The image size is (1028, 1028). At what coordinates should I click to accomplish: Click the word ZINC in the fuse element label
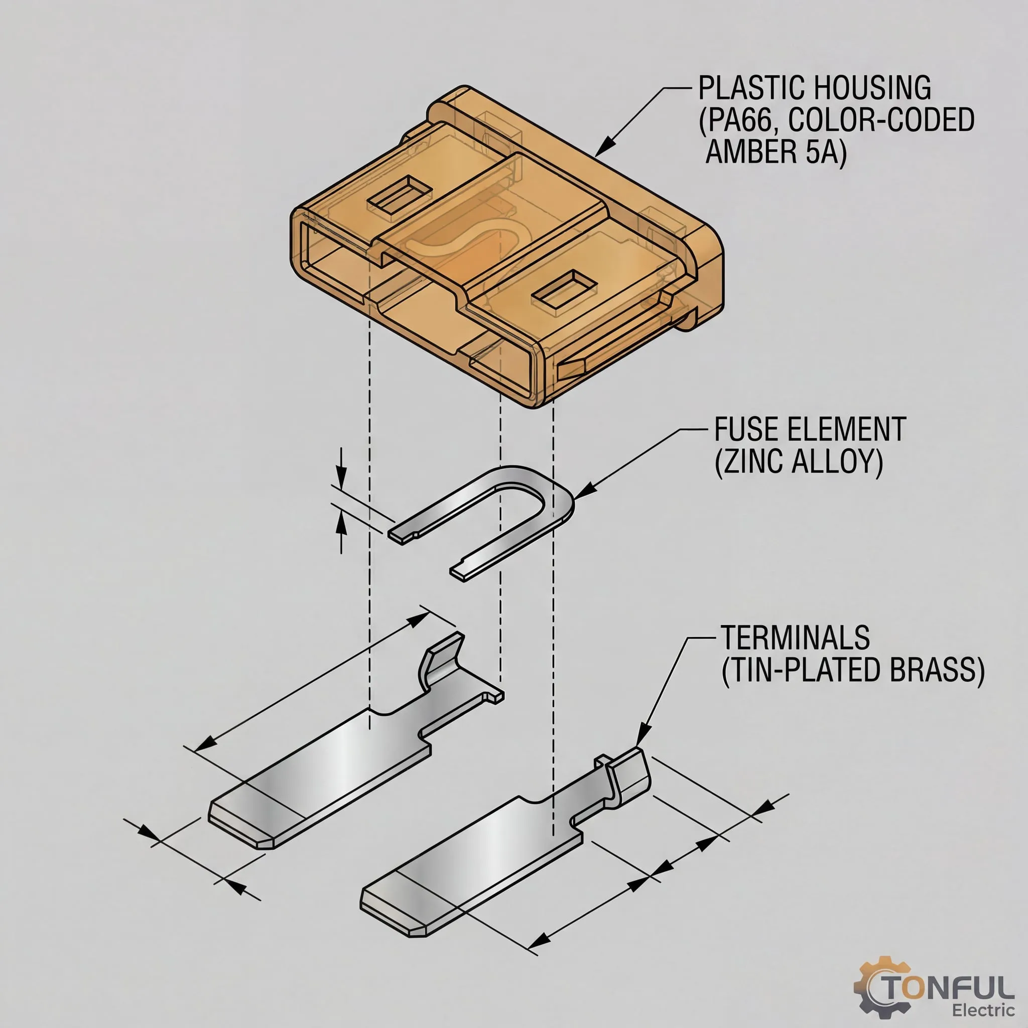coord(750,461)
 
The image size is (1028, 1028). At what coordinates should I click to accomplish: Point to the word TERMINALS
coord(795,638)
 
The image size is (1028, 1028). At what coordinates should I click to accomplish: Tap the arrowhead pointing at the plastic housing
coord(603,150)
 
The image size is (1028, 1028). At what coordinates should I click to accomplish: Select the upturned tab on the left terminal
coord(441,660)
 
